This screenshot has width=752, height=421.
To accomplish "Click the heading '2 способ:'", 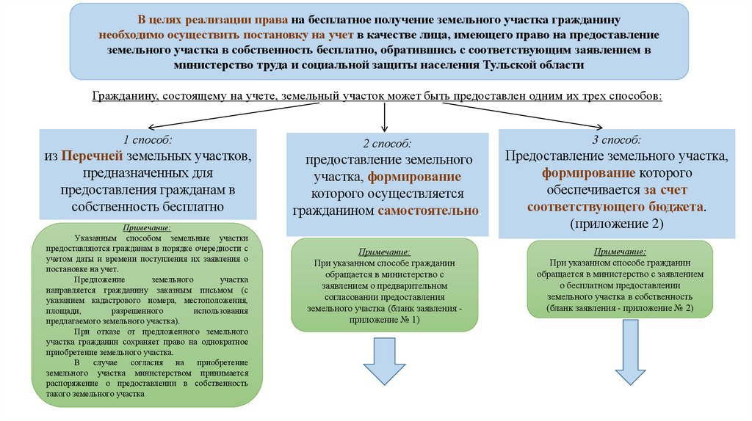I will point(386,144).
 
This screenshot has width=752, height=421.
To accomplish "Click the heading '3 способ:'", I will point(616,139).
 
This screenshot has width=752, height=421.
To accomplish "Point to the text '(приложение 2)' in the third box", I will point(616,224).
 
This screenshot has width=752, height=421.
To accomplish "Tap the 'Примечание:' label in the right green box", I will point(620,250).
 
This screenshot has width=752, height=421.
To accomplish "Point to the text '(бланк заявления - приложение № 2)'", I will point(620,310).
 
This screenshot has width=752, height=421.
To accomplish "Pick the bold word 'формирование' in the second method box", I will point(414,177).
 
